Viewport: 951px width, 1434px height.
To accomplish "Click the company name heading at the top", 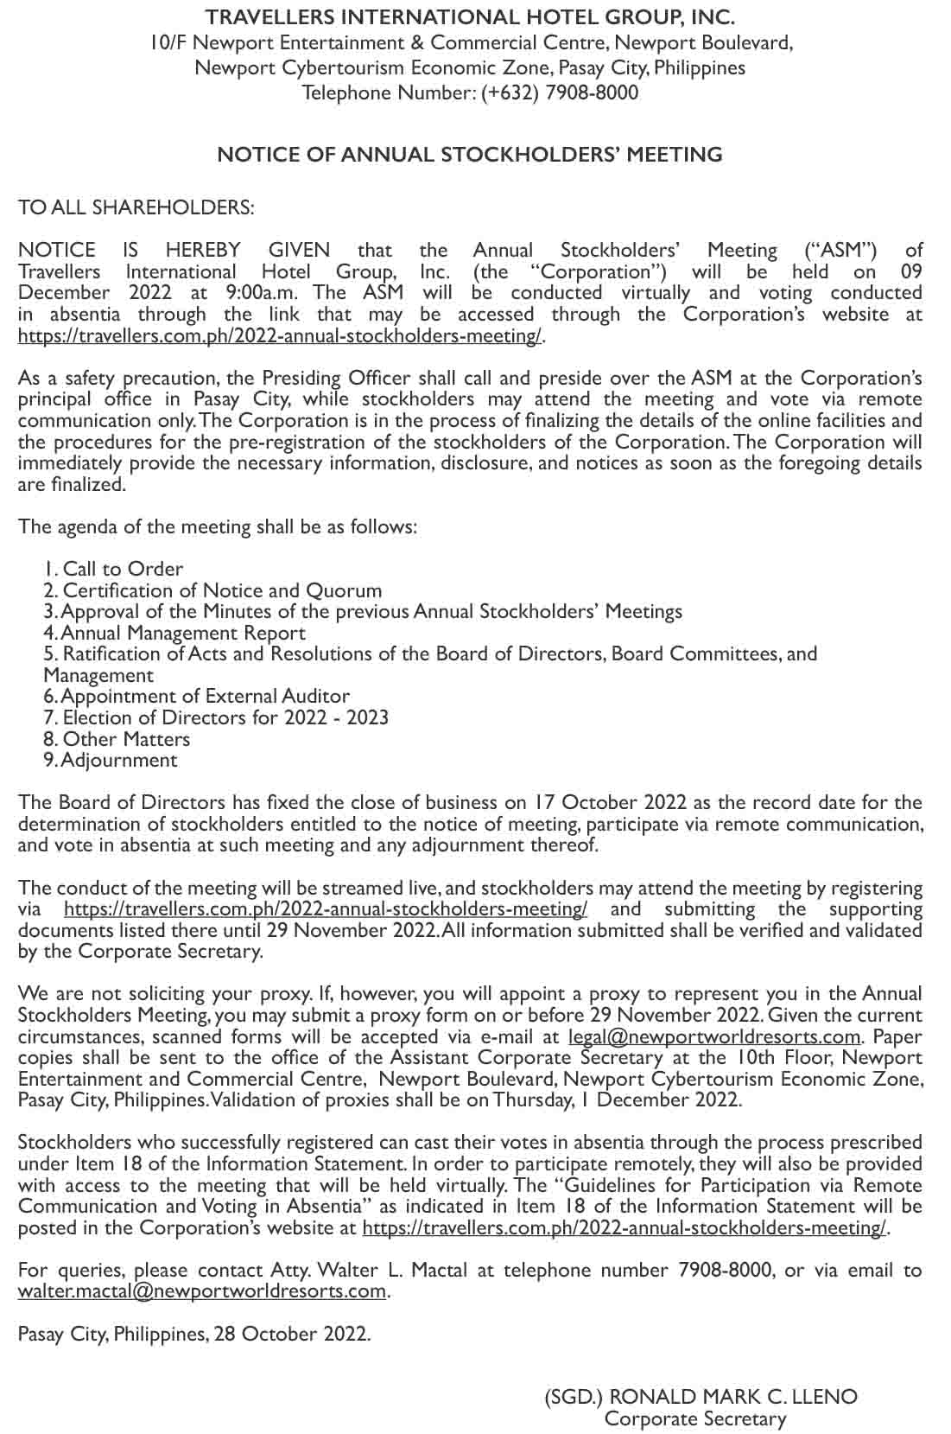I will tap(470, 17).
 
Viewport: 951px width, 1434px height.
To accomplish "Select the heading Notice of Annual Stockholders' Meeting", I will tap(470, 155).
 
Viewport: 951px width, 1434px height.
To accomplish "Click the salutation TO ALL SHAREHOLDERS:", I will tap(136, 207).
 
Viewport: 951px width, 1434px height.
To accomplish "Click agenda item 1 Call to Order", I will tap(113, 569).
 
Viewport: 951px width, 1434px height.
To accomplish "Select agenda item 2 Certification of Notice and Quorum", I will tap(212, 590).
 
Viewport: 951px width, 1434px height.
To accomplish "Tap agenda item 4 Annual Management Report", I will tap(174, 633).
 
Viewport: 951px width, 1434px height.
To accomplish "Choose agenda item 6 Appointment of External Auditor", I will tap(196, 696).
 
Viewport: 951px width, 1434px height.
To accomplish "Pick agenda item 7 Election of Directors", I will tap(216, 717).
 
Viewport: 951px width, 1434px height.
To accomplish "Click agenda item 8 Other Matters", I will tap(117, 739).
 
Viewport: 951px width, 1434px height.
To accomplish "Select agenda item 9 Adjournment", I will tap(111, 760).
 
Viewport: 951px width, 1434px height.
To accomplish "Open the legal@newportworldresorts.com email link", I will tap(714, 1036).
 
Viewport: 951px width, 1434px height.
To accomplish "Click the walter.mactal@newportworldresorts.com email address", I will tap(202, 1291).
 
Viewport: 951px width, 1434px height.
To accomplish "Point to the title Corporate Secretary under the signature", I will tap(695, 1418).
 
